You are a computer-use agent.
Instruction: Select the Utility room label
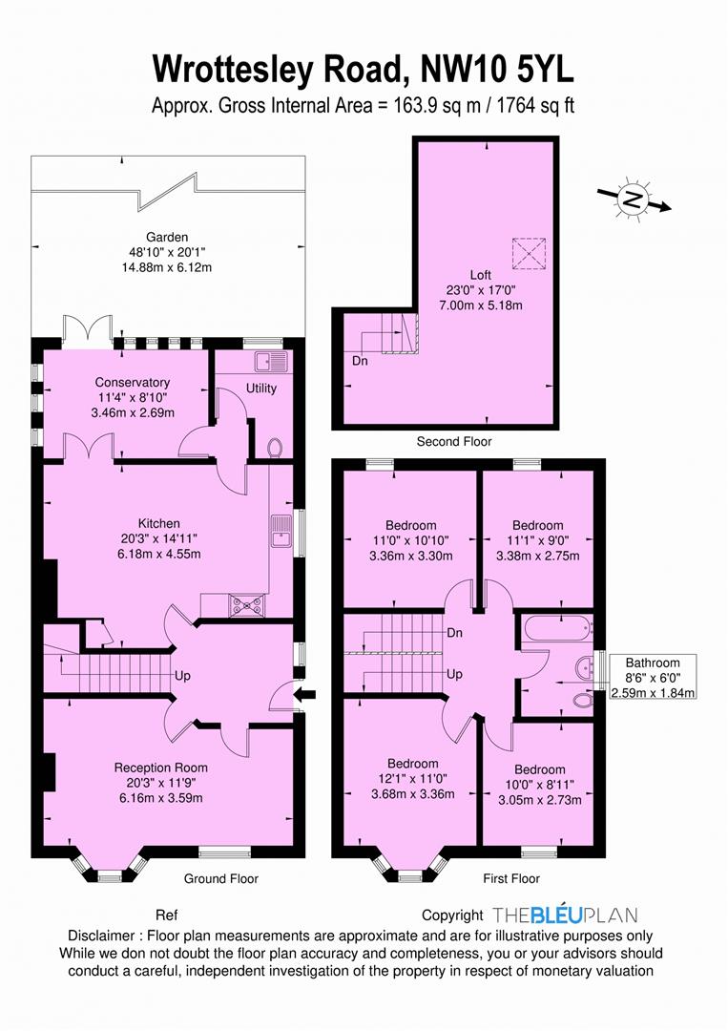[x=260, y=389]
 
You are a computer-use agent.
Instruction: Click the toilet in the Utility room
[x=275, y=447]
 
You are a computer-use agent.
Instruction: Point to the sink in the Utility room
[x=270, y=361]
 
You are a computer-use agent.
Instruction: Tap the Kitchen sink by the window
[x=282, y=531]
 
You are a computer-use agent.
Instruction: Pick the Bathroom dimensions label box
[x=652, y=678]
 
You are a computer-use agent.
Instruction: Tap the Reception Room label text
[x=160, y=768]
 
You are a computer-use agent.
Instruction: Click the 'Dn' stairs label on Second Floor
[x=360, y=362]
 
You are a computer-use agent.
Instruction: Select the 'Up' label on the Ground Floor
[x=182, y=676]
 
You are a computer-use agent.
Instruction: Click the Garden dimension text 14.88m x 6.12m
[x=167, y=267]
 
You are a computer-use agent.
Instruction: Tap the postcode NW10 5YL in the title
[x=492, y=70]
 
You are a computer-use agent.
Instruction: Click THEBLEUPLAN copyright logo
[x=565, y=915]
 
